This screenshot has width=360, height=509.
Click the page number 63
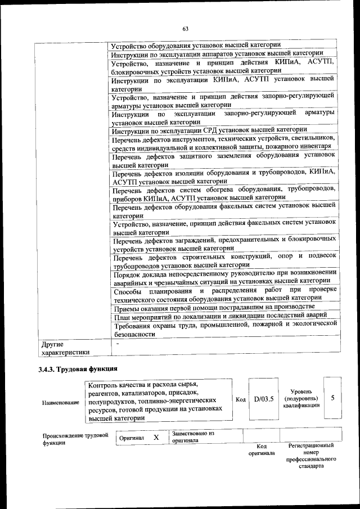[185, 29]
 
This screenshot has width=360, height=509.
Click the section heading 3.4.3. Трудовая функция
[77, 370]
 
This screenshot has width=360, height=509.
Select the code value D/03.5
[263, 399]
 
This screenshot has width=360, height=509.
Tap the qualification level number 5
[332, 398]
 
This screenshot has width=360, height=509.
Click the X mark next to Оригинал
[156, 437]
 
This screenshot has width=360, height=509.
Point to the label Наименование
[60, 403]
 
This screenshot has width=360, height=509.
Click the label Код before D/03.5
[240, 399]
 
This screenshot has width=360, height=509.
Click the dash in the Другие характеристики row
[118, 343]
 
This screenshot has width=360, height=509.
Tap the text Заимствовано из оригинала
[193, 437]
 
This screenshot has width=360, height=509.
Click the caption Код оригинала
[261, 449]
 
